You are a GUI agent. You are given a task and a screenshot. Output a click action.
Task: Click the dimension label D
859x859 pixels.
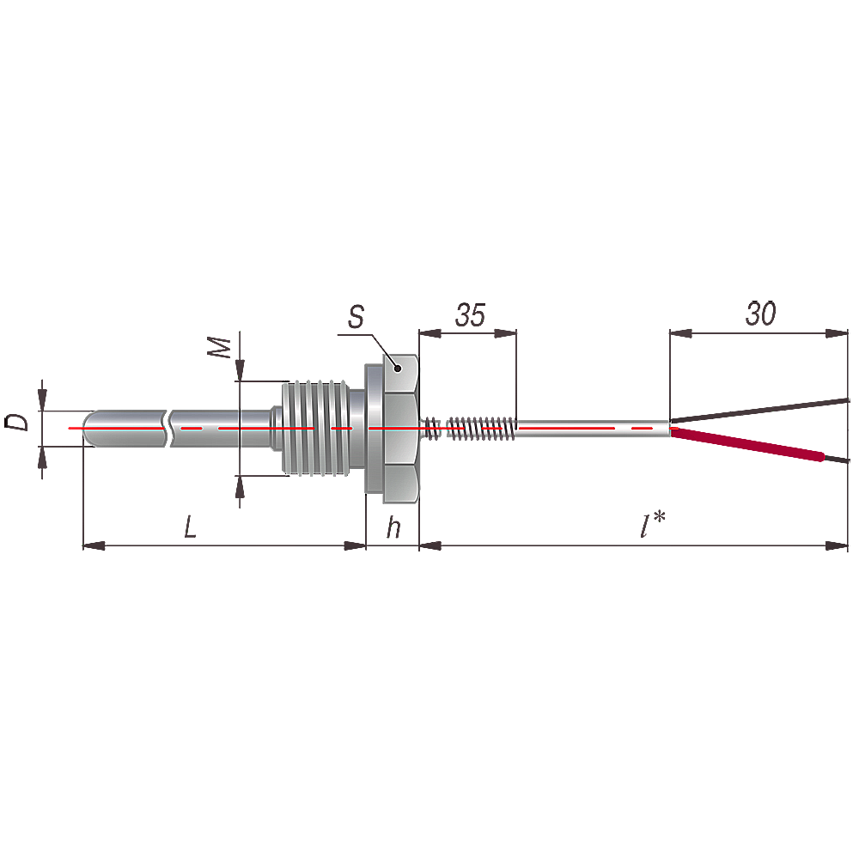17,423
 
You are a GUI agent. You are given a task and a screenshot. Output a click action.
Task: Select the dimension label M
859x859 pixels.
220,347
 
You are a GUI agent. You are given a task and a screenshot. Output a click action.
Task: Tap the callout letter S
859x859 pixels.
356,317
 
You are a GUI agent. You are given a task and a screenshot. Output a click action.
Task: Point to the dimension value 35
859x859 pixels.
470,315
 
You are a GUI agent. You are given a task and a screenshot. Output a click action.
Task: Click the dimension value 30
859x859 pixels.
760,314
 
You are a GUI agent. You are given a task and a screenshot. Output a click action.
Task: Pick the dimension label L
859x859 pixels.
190,527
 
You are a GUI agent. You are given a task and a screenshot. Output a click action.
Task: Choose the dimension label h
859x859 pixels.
393,527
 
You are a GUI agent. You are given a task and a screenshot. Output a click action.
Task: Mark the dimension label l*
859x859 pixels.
653,524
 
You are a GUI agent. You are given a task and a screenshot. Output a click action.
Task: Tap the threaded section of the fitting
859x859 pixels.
315,428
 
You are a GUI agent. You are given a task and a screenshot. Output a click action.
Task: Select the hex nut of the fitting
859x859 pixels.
400,428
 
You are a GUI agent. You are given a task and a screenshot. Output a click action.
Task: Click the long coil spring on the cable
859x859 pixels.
482,428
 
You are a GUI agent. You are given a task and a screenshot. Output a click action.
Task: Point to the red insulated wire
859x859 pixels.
748,444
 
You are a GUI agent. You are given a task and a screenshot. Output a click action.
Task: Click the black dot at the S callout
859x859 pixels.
399,369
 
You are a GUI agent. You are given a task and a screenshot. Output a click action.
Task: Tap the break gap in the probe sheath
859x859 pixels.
168,428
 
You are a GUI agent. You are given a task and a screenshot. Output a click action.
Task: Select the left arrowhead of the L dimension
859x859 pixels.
94,545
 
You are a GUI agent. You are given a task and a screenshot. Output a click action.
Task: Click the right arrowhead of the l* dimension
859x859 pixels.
837,545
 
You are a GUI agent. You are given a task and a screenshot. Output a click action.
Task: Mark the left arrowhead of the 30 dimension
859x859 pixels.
681,333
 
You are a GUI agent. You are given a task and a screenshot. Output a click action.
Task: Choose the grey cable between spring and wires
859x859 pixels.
594,428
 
